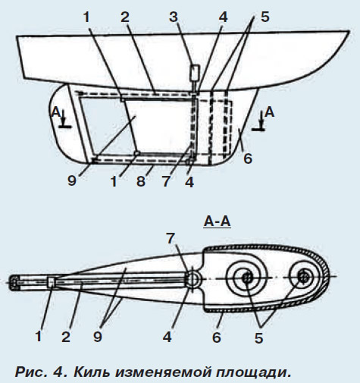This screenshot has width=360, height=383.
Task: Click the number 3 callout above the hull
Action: [174, 17]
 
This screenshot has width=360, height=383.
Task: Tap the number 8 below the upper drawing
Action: [141, 181]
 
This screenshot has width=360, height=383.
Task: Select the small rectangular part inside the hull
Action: [195, 72]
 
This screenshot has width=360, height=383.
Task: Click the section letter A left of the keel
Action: [55, 112]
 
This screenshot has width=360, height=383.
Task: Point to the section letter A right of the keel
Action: [270, 112]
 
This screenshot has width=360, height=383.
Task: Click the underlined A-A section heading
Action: [218, 221]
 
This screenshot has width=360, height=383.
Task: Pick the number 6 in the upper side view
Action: [248, 159]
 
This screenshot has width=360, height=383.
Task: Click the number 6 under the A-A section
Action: [217, 337]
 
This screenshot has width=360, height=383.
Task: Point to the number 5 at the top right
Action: [265, 17]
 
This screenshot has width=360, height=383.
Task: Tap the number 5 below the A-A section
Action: [258, 337]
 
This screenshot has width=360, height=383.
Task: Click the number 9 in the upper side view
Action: [72, 181]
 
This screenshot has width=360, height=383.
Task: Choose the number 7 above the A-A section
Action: [171, 238]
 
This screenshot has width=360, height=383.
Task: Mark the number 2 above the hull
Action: [125, 17]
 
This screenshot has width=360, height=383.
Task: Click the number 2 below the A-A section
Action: [66, 337]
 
